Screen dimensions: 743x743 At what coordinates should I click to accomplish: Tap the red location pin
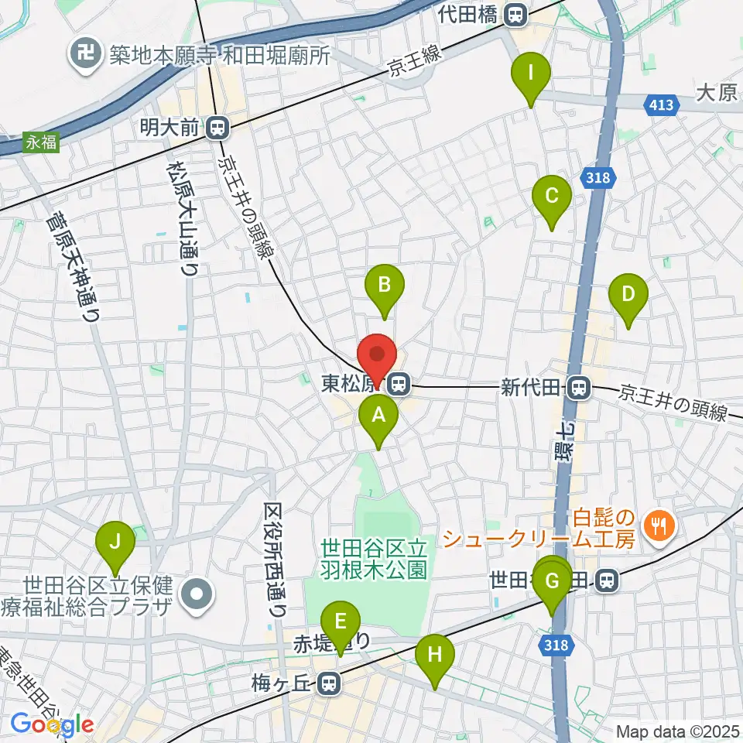[378, 357]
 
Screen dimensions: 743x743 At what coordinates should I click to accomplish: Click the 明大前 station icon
[221, 125]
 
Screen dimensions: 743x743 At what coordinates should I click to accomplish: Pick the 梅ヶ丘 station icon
[330, 683]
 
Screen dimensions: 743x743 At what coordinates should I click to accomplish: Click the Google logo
[52, 725]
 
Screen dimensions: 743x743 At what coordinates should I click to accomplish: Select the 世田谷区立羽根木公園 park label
[374, 560]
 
